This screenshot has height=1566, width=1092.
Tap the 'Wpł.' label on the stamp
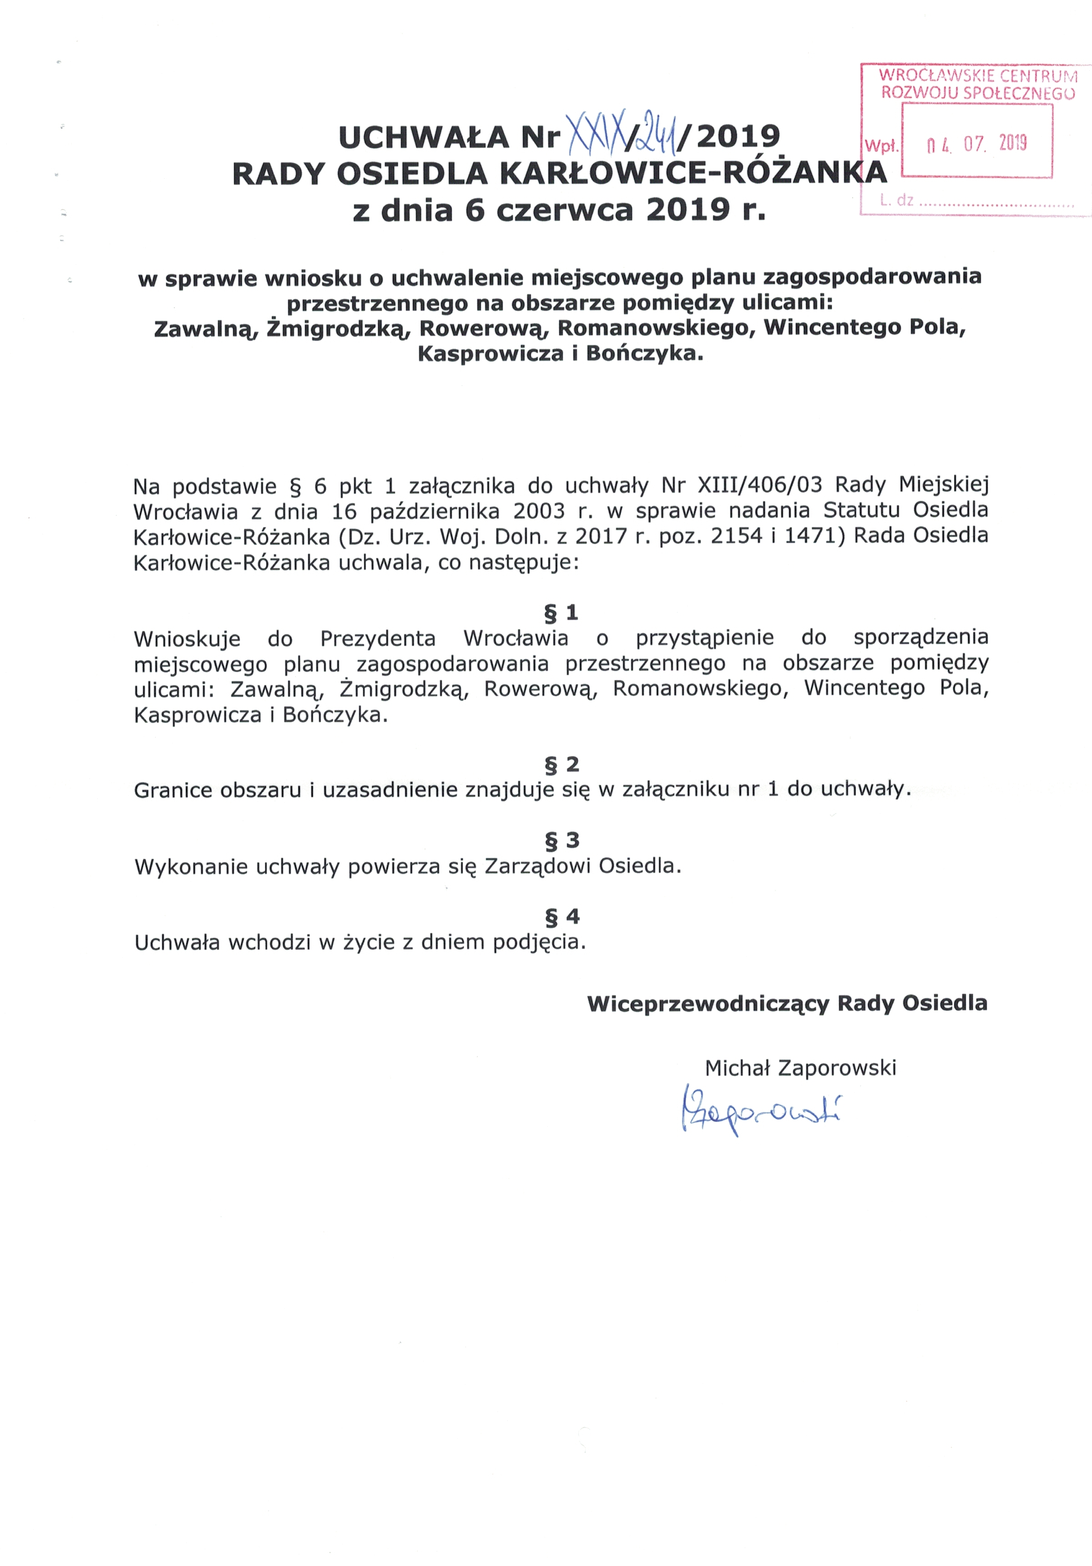point(881,145)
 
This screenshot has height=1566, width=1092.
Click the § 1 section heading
point(561,612)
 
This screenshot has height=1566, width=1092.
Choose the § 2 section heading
point(561,764)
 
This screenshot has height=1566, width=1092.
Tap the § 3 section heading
point(561,840)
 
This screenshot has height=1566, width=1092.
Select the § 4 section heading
point(561,916)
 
